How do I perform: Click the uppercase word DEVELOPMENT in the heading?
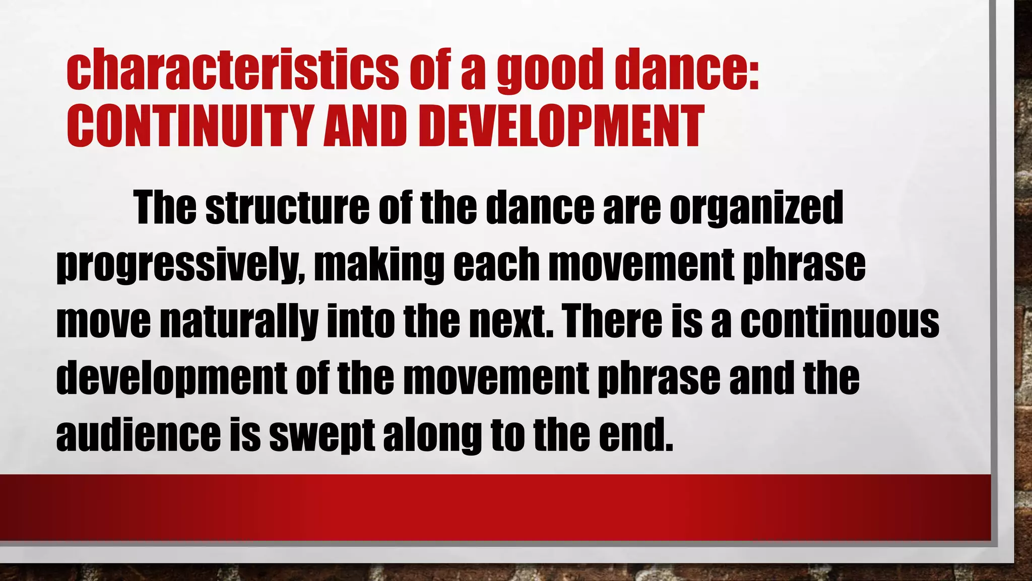560,126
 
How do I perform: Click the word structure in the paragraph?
287,208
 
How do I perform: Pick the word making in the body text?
379,264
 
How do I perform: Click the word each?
496,264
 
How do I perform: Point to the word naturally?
239,321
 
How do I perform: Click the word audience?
138,434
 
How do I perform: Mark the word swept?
321,434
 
